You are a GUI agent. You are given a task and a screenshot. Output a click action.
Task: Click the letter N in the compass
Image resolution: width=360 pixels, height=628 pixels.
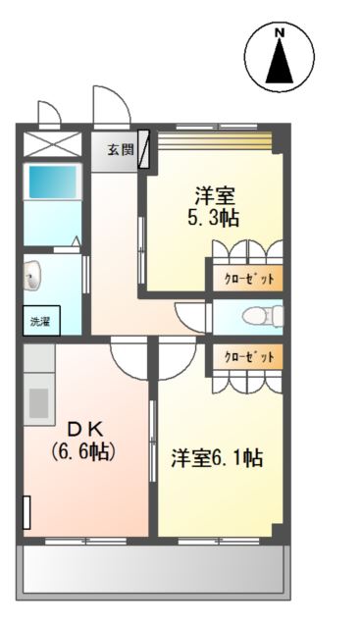[x=280, y=33]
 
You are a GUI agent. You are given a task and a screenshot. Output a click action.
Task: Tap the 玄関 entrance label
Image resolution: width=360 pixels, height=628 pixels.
[x=120, y=150]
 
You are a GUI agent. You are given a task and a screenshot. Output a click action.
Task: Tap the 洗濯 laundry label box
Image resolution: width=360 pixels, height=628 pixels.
[x=38, y=320]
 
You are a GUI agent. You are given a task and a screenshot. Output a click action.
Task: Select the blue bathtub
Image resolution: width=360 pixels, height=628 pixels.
[x=52, y=183]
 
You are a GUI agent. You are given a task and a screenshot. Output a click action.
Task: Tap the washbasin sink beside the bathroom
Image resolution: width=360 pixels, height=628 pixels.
[x=32, y=277]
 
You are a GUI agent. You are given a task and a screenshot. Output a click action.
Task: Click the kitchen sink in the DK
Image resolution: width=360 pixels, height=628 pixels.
[x=39, y=402]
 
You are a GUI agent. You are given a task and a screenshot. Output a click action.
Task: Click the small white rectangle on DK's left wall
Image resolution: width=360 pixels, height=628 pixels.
[x=26, y=513]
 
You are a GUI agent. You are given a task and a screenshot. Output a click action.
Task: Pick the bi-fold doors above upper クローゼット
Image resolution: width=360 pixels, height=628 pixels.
[x=245, y=250]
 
